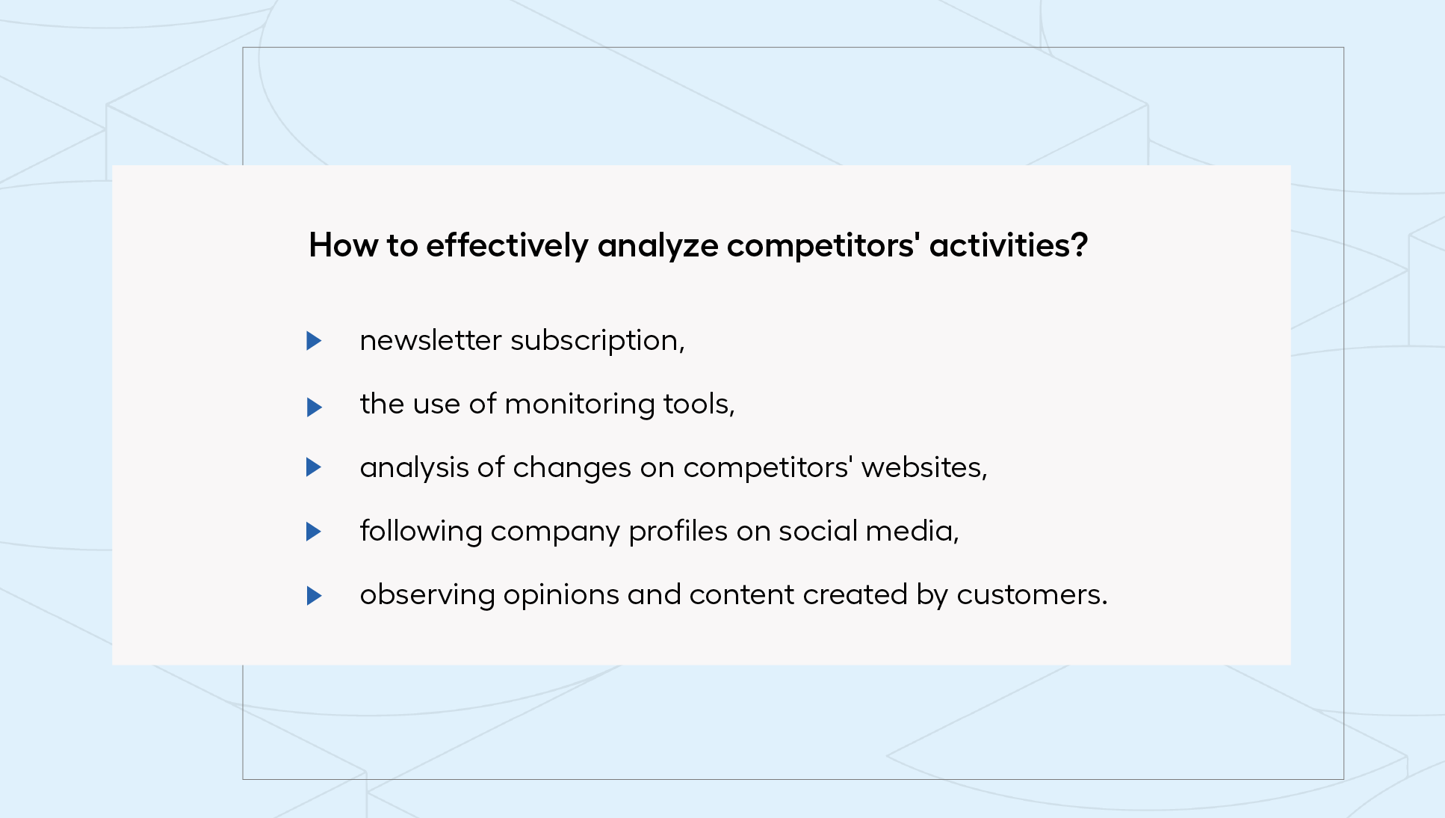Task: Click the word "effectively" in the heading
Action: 507,246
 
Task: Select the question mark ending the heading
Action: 1080,245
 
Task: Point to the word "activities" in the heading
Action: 999,245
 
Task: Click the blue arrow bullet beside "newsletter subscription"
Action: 314,341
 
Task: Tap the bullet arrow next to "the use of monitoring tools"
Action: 314,408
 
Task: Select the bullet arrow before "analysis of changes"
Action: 314,467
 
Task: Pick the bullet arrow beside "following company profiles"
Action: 314,532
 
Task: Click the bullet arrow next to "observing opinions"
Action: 314,596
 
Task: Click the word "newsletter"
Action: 430,341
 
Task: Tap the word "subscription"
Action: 595,342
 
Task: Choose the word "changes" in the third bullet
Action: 572,469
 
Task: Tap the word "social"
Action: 818,532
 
